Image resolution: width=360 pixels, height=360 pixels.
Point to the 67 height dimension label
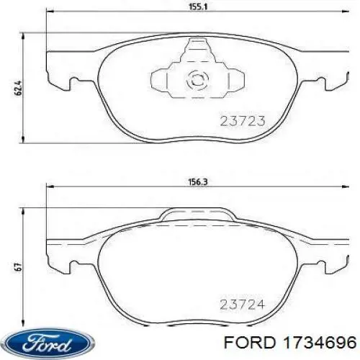(x=19, y=267)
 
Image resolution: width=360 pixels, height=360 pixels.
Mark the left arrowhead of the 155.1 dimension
(x=48, y=13)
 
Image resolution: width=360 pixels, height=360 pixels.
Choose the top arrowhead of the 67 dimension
(x=26, y=209)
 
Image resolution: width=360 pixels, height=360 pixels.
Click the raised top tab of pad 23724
(x=196, y=213)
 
